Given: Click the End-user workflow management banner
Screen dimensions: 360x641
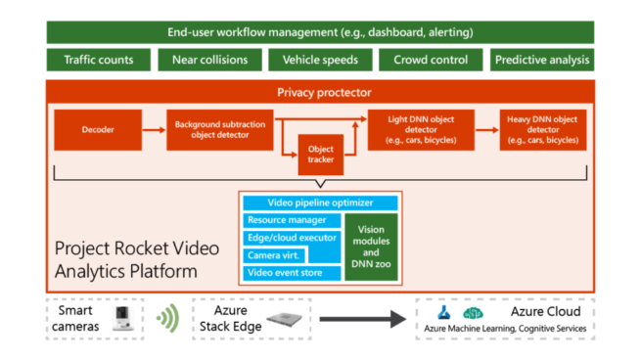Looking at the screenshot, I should [320, 31].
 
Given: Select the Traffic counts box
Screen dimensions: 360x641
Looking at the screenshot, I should [99, 60].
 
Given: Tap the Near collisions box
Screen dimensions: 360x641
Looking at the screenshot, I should [208, 60].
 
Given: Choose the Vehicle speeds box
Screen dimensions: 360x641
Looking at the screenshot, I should [319, 60].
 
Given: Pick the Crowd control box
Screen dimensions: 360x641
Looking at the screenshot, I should [430, 60].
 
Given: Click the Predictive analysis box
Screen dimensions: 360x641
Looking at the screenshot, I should [542, 60].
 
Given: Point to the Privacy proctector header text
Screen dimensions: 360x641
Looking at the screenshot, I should [320, 94].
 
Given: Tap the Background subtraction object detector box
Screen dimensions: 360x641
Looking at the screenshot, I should [219, 129].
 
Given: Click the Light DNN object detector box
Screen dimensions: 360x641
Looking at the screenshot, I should [421, 129].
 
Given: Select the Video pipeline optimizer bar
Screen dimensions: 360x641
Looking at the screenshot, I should [320, 203].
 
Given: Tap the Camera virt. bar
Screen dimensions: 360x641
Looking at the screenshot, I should [268, 254].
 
